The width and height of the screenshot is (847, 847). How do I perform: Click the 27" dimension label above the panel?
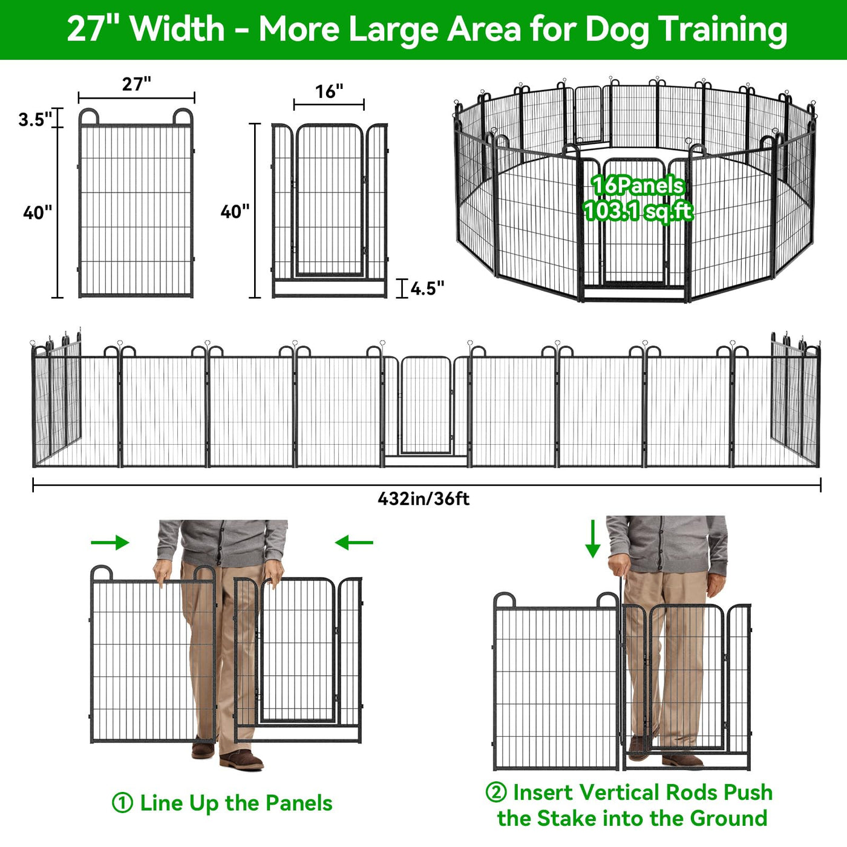(x=136, y=83)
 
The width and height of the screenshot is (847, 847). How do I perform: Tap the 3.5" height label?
(x=35, y=119)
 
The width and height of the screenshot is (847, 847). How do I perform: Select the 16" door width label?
(x=329, y=91)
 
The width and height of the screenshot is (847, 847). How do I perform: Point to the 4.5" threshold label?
(x=427, y=289)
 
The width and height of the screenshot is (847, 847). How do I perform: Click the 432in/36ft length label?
(x=423, y=499)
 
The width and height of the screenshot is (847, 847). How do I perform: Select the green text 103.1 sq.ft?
(x=638, y=211)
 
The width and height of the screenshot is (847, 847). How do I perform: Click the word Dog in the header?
(x=616, y=30)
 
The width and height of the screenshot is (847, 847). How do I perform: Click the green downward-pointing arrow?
(x=592, y=538)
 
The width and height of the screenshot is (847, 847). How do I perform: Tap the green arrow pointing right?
(x=110, y=543)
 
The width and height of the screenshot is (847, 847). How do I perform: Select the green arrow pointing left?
(x=354, y=543)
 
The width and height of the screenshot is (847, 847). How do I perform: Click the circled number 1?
(x=122, y=803)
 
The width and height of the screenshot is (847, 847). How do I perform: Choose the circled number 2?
(x=496, y=792)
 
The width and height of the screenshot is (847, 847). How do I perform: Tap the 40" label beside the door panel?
(x=235, y=211)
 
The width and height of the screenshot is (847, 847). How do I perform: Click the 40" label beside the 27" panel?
(x=38, y=213)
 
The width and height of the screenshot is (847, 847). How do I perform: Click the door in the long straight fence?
(x=426, y=405)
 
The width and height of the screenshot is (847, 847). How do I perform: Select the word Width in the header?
(x=178, y=29)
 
